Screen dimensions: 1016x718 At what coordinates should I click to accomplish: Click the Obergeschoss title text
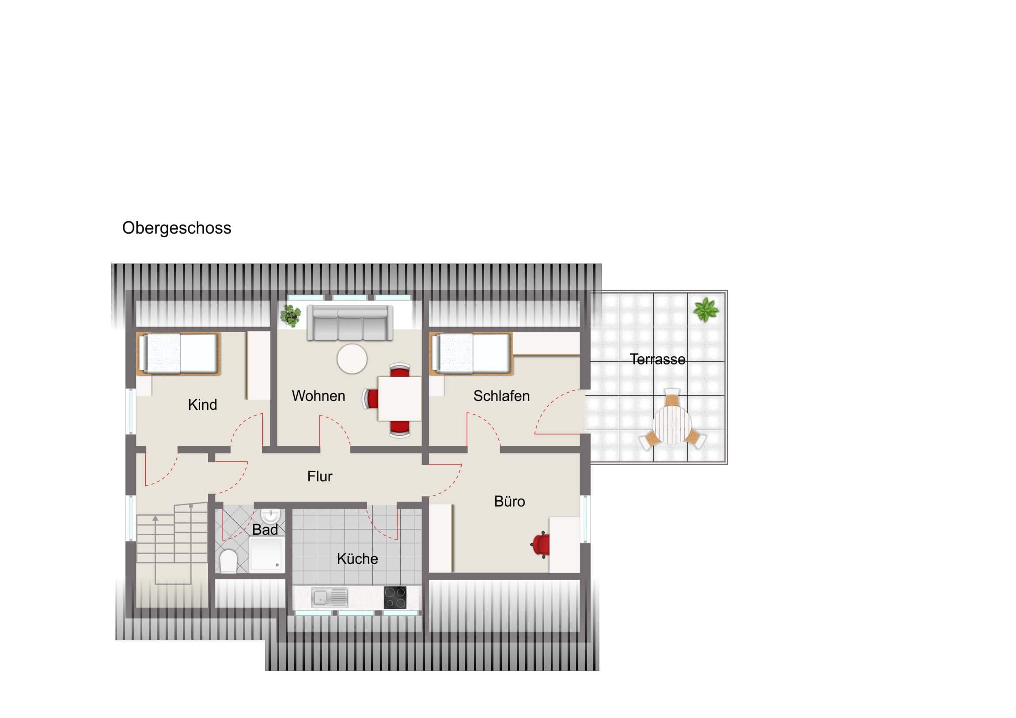coord(177,228)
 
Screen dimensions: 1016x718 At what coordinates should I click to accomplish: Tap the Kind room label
coord(202,404)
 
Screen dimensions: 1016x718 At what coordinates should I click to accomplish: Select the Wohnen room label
coord(318,396)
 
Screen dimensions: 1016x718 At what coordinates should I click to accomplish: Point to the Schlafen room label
coord(501,396)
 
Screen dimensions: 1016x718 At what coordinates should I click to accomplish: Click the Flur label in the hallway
coord(319,476)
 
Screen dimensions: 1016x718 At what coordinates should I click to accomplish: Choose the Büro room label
coord(509,501)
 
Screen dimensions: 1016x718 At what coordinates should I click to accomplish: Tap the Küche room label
coord(357,558)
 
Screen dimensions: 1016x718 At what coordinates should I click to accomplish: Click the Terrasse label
coord(658,359)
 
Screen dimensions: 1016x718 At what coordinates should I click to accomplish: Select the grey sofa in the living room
coord(349,323)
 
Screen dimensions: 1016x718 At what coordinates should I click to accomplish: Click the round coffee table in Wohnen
coord(352,359)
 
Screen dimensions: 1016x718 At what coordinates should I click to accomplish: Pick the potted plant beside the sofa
coord(290,315)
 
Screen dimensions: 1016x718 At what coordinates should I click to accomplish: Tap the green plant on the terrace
coord(705,309)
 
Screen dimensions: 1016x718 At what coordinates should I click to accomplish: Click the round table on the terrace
coord(672,425)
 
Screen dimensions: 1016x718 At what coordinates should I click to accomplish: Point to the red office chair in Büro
coord(540,544)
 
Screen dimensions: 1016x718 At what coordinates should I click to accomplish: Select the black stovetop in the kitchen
coord(395,597)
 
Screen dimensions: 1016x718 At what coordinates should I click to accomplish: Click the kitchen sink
coord(330,597)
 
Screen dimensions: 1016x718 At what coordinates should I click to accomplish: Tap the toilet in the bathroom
coord(228,560)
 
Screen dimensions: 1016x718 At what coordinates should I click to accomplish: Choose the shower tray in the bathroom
coord(267,553)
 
